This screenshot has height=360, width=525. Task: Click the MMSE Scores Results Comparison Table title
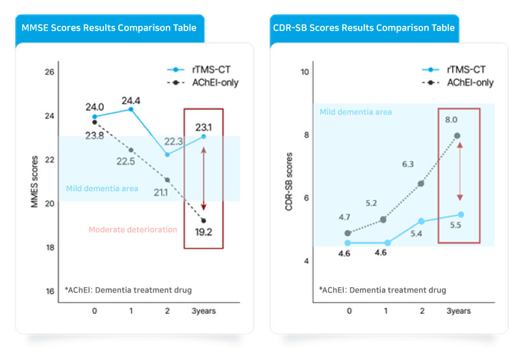click(x=109, y=29)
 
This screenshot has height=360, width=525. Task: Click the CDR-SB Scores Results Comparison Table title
click(x=364, y=29)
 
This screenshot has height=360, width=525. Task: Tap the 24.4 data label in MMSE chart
click(x=131, y=101)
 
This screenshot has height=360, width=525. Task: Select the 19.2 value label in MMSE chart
click(x=203, y=231)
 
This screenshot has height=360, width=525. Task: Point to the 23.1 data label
click(x=203, y=127)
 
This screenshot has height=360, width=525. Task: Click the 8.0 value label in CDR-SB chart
click(x=451, y=120)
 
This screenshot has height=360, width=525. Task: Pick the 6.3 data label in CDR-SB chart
click(x=408, y=164)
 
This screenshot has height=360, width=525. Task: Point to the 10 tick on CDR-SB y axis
click(x=304, y=72)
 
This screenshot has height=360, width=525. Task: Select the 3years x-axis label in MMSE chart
click(x=203, y=311)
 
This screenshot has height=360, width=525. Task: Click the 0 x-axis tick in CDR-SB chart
click(x=349, y=311)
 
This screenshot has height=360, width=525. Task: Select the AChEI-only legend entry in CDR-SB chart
click(x=461, y=83)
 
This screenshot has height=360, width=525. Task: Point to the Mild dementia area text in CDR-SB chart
click(x=355, y=112)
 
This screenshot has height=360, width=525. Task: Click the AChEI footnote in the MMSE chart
click(x=128, y=290)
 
